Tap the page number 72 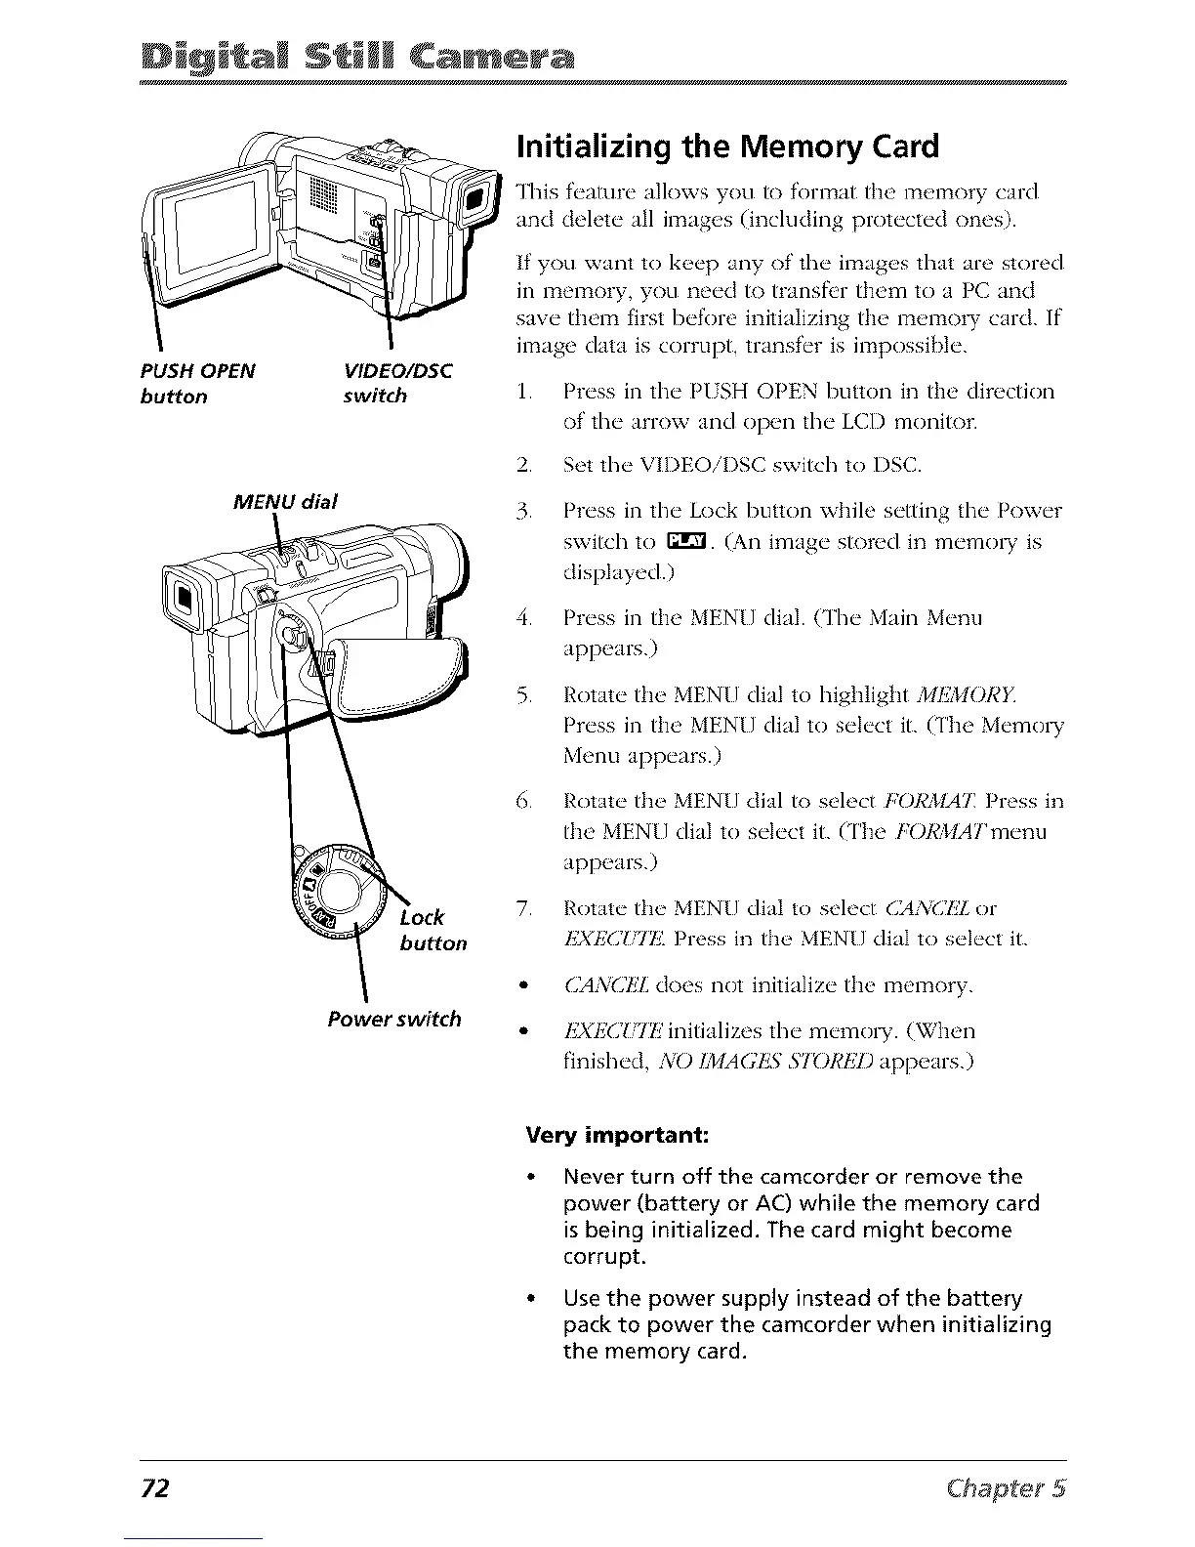pyautogui.click(x=155, y=1488)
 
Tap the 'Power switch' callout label pyautogui.click(x=394, y=1020)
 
